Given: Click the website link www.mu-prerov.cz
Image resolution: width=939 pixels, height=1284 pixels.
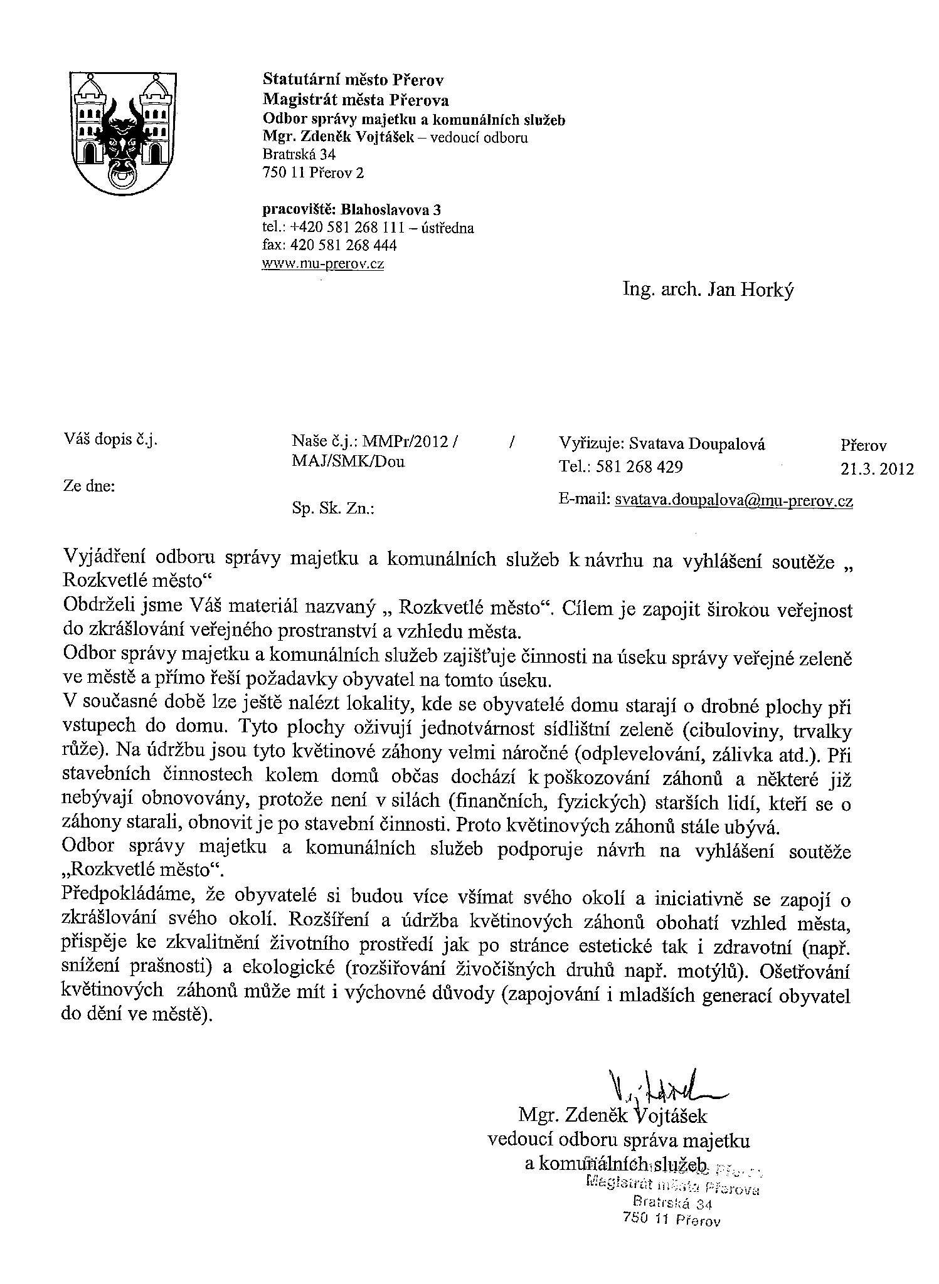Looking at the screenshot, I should coord(323,263).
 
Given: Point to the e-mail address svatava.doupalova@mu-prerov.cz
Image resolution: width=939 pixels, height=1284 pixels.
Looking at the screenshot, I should coord(733,500).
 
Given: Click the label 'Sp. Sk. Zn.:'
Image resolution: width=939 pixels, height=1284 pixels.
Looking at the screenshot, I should coord(332,509).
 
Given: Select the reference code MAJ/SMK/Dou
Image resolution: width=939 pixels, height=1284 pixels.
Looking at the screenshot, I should coord(348,462).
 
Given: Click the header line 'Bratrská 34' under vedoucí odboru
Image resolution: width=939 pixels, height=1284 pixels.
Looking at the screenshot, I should coord(299,154).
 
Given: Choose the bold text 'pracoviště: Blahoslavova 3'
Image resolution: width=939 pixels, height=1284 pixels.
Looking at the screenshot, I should coord(352,209).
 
